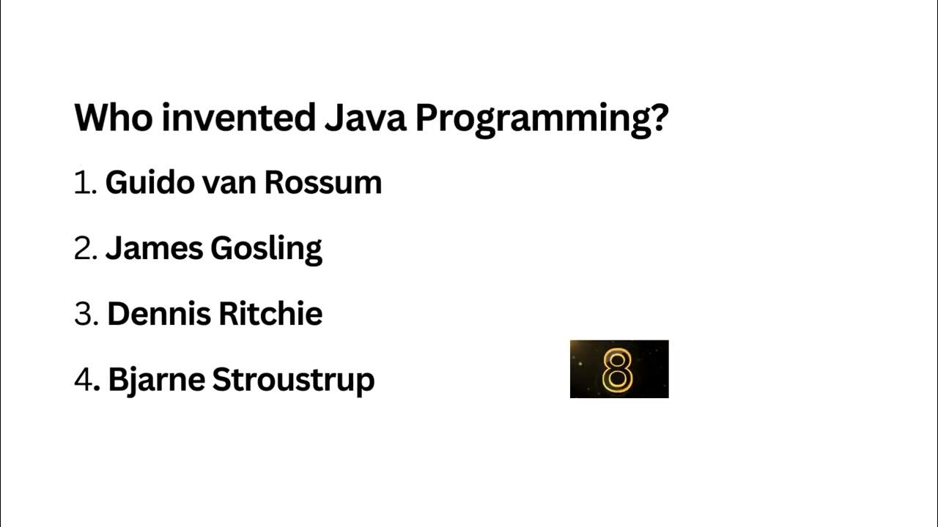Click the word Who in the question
point(113,118)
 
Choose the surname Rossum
point(323,183)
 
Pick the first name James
point(154,249)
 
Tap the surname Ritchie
point(271,314)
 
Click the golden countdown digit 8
point(617,370)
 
